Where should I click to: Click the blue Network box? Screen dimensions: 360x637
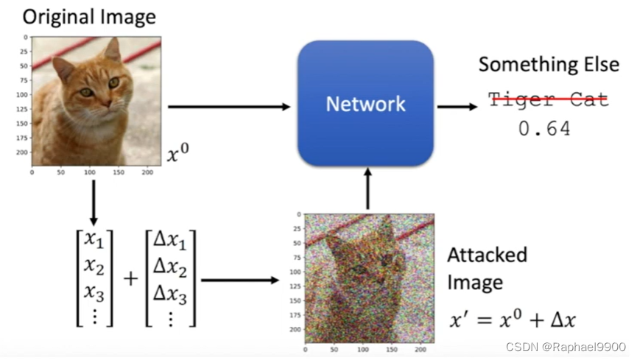(365, 103)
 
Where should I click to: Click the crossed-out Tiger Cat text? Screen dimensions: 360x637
(549, 99)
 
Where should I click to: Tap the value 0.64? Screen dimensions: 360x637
(544, 129)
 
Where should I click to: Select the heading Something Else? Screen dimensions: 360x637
(549, 64)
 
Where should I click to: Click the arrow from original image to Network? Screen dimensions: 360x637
(229, 107)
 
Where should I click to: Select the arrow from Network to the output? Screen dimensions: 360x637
(457, 107)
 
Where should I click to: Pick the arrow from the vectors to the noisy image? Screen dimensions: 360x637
(239, 280)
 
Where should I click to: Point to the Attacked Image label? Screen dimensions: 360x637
(487, 268)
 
